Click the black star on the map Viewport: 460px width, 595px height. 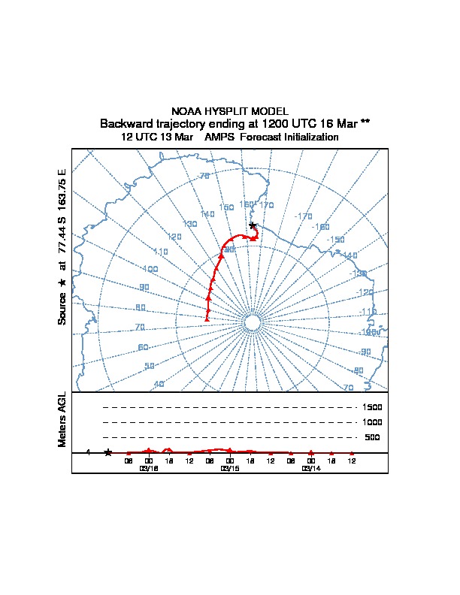coord(253,225)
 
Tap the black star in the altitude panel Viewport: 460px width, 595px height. coord(108,452)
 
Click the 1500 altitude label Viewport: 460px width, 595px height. coord(374,407)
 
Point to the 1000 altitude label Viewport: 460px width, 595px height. coord(374,422)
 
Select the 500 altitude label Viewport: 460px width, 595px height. coord(372,437)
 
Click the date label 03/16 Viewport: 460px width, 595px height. coord(149,468)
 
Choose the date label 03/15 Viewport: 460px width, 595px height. coord(230,468)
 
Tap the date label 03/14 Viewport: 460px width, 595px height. coord(311,468)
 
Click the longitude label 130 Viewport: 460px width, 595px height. coord(190,224)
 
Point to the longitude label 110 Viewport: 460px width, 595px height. coord(160,252)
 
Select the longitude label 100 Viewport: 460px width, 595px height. coord(150,269)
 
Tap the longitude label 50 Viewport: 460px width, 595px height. coord(150,366)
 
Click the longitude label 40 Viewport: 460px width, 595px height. coord(159,384)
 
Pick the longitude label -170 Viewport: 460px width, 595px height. coord(304,216)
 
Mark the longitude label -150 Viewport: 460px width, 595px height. coord(336,240)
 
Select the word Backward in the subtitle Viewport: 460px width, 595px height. coord(126,123)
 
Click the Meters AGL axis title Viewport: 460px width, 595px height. coord(62,420)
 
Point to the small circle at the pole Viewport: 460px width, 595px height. coord(253,322)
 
